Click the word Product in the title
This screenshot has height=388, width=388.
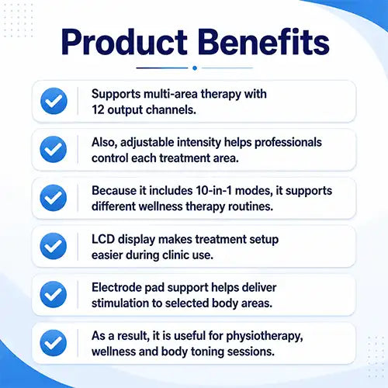tap(124, 42)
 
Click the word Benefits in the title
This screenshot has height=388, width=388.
tap(264, 41)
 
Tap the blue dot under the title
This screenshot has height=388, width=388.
tap(195, 68)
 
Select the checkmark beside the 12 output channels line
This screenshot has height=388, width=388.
tap(54, 101)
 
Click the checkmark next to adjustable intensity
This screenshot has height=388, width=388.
tap(54, 149)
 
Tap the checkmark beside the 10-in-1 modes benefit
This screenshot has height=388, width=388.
tap(54, 198)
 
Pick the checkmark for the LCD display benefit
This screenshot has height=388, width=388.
tap(54, 246)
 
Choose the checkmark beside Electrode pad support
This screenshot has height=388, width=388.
tap(54, 294)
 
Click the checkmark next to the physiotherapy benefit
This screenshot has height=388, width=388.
tap(54, 343)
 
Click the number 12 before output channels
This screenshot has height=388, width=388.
tap(98, 109)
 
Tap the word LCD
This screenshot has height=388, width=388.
tap(103, 239)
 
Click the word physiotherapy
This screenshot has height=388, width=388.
tap(265, 337)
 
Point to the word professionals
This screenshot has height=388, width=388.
tap(288, 143)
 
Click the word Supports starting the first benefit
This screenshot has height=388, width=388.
tap(116, 95)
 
